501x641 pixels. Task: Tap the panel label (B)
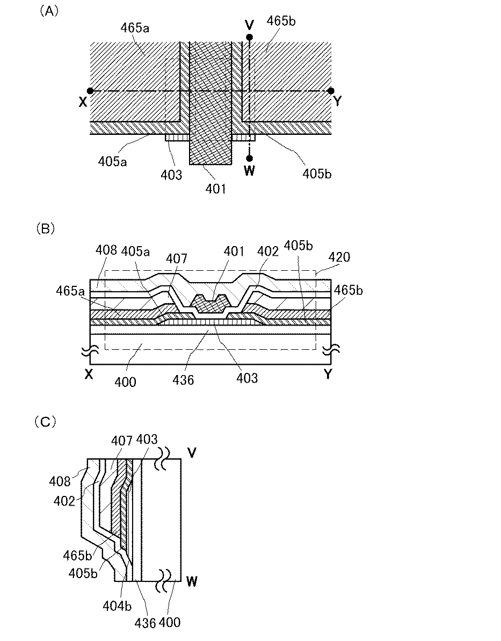tap(46, 228)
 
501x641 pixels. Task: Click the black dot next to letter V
tap(250, 37)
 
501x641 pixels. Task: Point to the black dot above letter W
tap(250, 158)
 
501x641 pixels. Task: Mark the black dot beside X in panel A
tap(90, 91)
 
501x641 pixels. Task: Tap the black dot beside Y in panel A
tap(331, 91)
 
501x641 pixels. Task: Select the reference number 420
tap(339, 257)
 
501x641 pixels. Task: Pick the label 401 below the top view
tap(217, 188)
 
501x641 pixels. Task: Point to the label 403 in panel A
tap(172, 175)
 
